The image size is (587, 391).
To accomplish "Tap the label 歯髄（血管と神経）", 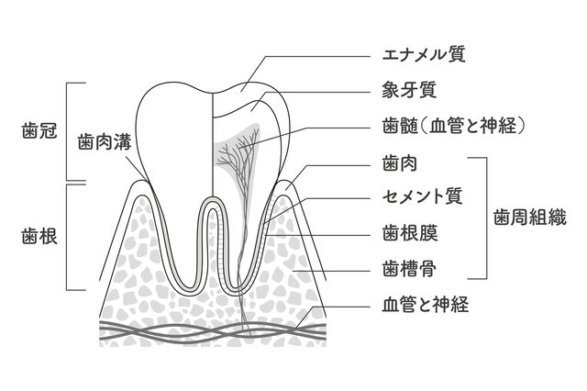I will click(452, 125).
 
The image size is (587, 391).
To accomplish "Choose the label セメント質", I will click(420, 197).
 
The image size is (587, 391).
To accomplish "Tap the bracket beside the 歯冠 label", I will click(71, 131).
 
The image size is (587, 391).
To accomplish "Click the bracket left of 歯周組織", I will click(481, 218).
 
